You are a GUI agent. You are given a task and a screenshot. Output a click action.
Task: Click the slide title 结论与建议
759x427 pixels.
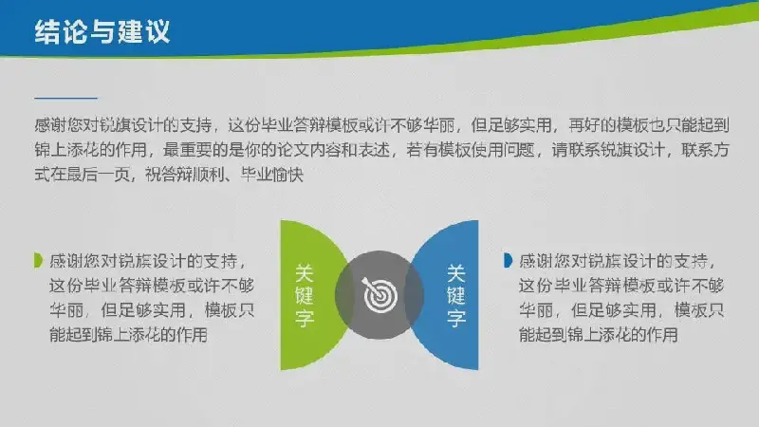(102, 32)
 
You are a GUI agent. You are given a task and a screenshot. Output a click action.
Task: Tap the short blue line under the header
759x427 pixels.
(65, 98)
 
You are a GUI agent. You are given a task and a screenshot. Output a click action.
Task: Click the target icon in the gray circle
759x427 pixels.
(380, 295)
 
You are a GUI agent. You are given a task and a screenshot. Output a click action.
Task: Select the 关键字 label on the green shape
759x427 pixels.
(305, 295)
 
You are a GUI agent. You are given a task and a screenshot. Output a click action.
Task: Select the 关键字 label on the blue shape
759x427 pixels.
(456, 295)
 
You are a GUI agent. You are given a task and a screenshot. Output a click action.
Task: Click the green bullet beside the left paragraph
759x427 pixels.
(38, 260)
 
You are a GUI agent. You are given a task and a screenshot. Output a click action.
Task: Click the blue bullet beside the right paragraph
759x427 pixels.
(508, 260)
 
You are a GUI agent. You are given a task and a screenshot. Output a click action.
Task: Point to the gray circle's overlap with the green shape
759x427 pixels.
(342, 295)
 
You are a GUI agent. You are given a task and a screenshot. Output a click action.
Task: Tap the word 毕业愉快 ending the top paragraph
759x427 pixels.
(272, 174)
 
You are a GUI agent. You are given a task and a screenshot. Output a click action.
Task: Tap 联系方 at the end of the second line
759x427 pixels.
(705, 150)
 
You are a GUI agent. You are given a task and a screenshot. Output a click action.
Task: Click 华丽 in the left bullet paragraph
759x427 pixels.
(66, 310)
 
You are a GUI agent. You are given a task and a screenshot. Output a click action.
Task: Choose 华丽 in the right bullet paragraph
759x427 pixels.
(536, 310)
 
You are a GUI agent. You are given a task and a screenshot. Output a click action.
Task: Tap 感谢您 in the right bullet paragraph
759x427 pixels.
(544, 261)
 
